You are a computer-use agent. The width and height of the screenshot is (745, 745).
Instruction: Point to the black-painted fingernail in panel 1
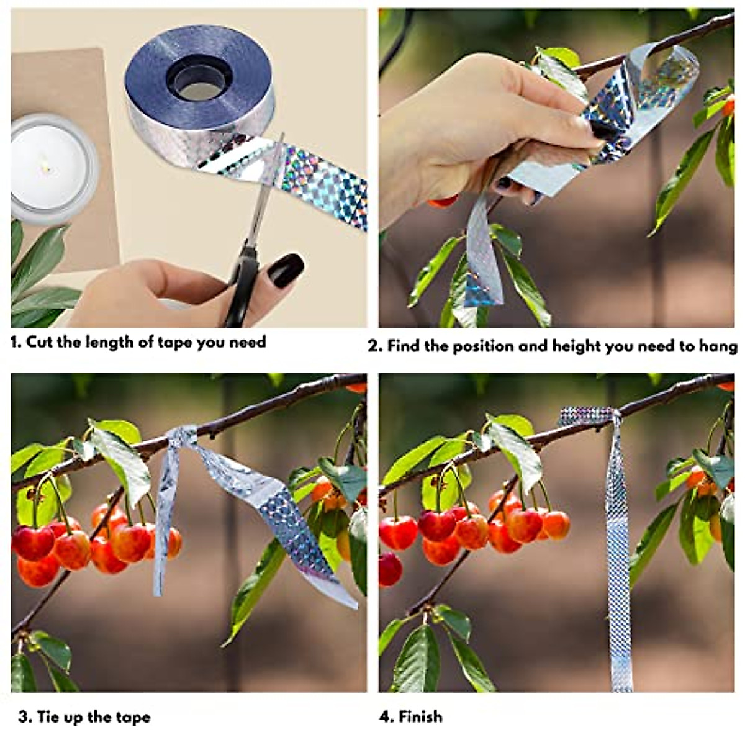[287, 269]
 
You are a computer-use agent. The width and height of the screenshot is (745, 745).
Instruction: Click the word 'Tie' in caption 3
[48, 717]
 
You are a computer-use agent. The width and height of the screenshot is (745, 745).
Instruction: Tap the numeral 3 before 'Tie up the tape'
[24, 717]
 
